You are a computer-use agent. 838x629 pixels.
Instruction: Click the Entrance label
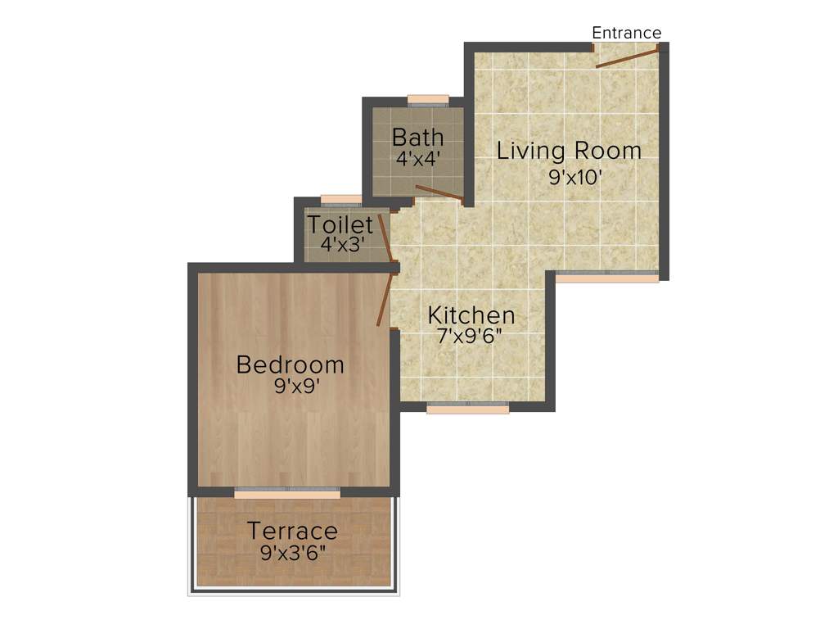pos(626,33)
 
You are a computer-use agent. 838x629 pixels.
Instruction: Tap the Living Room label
pos(569,151)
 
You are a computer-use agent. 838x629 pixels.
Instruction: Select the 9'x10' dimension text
pos(575,175)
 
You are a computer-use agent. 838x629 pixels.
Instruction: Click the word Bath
pos(417,137)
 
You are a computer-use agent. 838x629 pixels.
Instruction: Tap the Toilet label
pos(340,224)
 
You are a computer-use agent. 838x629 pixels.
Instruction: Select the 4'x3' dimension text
pos(341,244)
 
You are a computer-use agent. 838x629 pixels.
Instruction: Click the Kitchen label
pos(471,315)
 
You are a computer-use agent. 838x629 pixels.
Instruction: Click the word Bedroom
pos(290,364)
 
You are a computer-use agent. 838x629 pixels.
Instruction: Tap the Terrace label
pos(292,531)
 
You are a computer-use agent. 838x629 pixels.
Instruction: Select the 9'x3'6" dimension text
pos(293,552)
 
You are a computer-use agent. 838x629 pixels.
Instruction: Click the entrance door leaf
pos(627,57)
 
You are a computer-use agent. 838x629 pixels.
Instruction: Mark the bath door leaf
pos(439,193)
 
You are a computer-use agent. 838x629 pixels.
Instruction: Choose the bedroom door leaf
pos(384,300)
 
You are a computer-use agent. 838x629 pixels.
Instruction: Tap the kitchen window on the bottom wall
pos(467,408)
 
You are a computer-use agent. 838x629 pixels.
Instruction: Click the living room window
pos(606,277)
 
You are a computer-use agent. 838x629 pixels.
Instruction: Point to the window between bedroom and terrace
pos(286,493)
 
